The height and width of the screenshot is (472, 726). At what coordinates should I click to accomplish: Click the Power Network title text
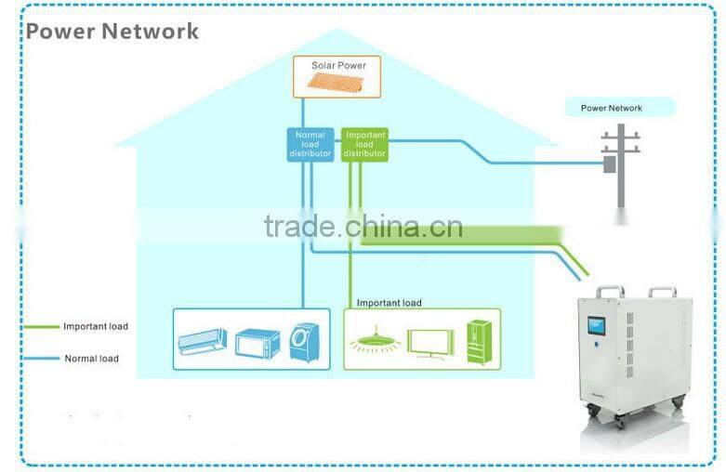(112, 31)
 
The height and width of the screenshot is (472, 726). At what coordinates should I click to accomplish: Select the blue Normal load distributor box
(310, 144)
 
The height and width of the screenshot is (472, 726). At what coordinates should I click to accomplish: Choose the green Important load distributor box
(364, 144)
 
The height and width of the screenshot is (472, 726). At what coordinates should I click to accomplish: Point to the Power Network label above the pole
(611, 109)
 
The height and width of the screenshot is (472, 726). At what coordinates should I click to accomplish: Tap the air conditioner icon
(202, 342)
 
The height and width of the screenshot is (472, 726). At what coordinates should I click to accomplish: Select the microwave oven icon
(257, 343)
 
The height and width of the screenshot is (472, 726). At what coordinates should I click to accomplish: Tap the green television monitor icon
(429, 341)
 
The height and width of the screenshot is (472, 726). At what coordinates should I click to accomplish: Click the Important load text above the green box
(389, 303)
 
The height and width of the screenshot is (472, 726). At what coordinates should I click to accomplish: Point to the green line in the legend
(40, 327)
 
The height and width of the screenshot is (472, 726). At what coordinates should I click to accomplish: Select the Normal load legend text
(91, 359)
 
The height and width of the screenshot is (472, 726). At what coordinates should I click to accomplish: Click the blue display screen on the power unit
(595, 330)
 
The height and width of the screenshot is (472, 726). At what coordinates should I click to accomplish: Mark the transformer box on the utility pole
(610, 164)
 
